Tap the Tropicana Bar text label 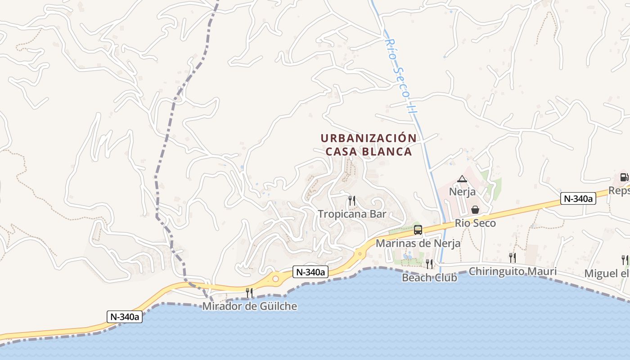pos(352,214)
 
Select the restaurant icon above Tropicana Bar pos(352,200)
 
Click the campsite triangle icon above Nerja pos(462,179)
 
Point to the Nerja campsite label pos(462,192)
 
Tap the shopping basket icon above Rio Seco pos(475,210)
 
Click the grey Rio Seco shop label pos(475,223)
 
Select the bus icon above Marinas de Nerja pos(418,230)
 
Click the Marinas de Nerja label pos(418,243)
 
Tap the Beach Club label pos(429,277)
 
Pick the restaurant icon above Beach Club pos(429,264)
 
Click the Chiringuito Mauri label pos(513,271)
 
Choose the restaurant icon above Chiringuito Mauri pos(513,257)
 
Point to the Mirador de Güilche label pos(250,306)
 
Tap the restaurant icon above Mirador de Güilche pos(249,293)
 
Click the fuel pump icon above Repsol pos(624,177)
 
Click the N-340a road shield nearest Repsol pos(578,198)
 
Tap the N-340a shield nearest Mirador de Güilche pos(311,272)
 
